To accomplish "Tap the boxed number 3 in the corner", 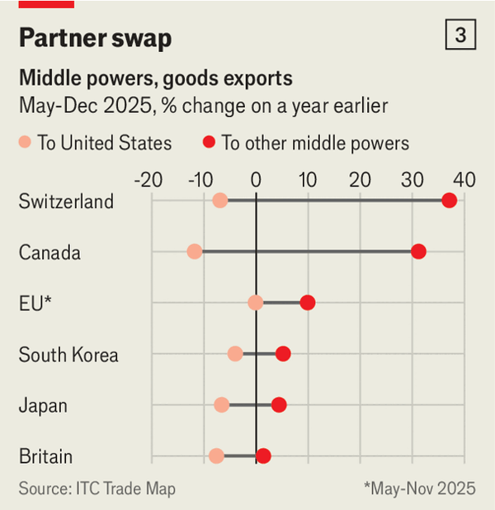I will click(460, 35).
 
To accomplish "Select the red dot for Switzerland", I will click(450, 201).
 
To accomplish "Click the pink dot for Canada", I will click(195, 252).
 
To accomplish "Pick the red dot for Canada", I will click(418, 252).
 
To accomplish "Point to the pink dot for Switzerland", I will click(219, 201).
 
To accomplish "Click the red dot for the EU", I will click(308, 303).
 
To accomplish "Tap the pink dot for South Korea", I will click(235, 354).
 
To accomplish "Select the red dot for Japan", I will click(279, 405).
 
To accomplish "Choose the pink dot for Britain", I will click(216, 456).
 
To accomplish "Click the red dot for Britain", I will click(263, 456).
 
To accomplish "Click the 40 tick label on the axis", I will click(464, 180).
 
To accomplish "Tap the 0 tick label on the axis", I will click(256, 180).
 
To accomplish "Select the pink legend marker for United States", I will click(26, 144).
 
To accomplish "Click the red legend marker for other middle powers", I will click(209, 144).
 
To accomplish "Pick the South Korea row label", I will click(68, 355).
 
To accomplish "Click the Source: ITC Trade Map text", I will click(97, 489).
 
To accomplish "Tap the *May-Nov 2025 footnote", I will click(419, 489).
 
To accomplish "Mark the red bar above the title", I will click(46, 4).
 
